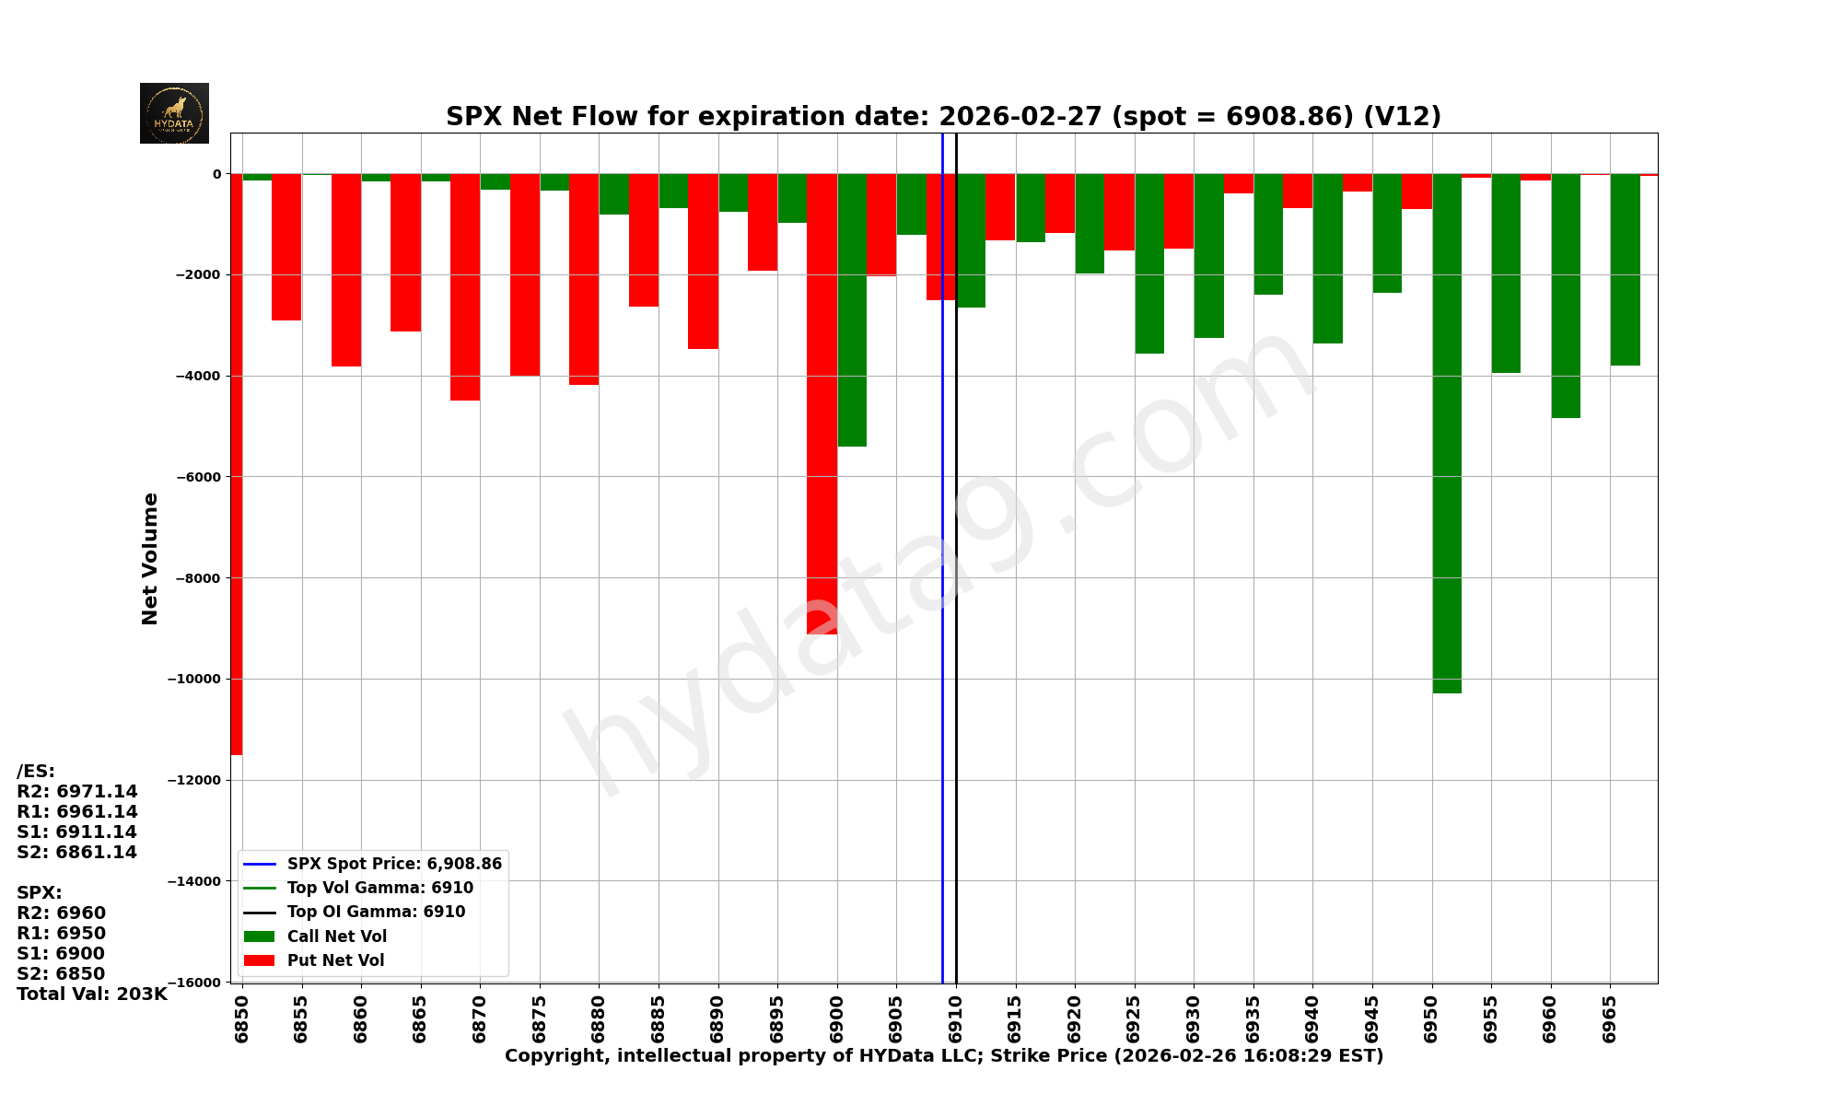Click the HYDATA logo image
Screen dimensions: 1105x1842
[174, 113]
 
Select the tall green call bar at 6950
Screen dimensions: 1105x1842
[1447, 433]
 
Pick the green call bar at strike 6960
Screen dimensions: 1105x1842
[1566, 296]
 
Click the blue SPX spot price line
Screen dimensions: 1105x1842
[942, 552]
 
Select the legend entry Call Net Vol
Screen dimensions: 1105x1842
[336, 936]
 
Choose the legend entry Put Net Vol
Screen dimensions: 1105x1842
[335, 960]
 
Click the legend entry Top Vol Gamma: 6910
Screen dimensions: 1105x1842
[379, 888]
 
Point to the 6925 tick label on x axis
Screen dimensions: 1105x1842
[1135, 1018]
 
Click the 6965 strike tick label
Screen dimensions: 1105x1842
[1610, 1018]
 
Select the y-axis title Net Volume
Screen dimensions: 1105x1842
[150, 558]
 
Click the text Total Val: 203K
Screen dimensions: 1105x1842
[92, 994]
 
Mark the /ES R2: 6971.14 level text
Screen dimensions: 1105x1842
[77, 791]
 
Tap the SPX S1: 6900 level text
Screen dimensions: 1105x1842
[61, 953]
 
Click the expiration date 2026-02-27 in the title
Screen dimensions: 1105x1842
[1020, 117]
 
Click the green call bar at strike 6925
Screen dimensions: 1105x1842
[1149, 263]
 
